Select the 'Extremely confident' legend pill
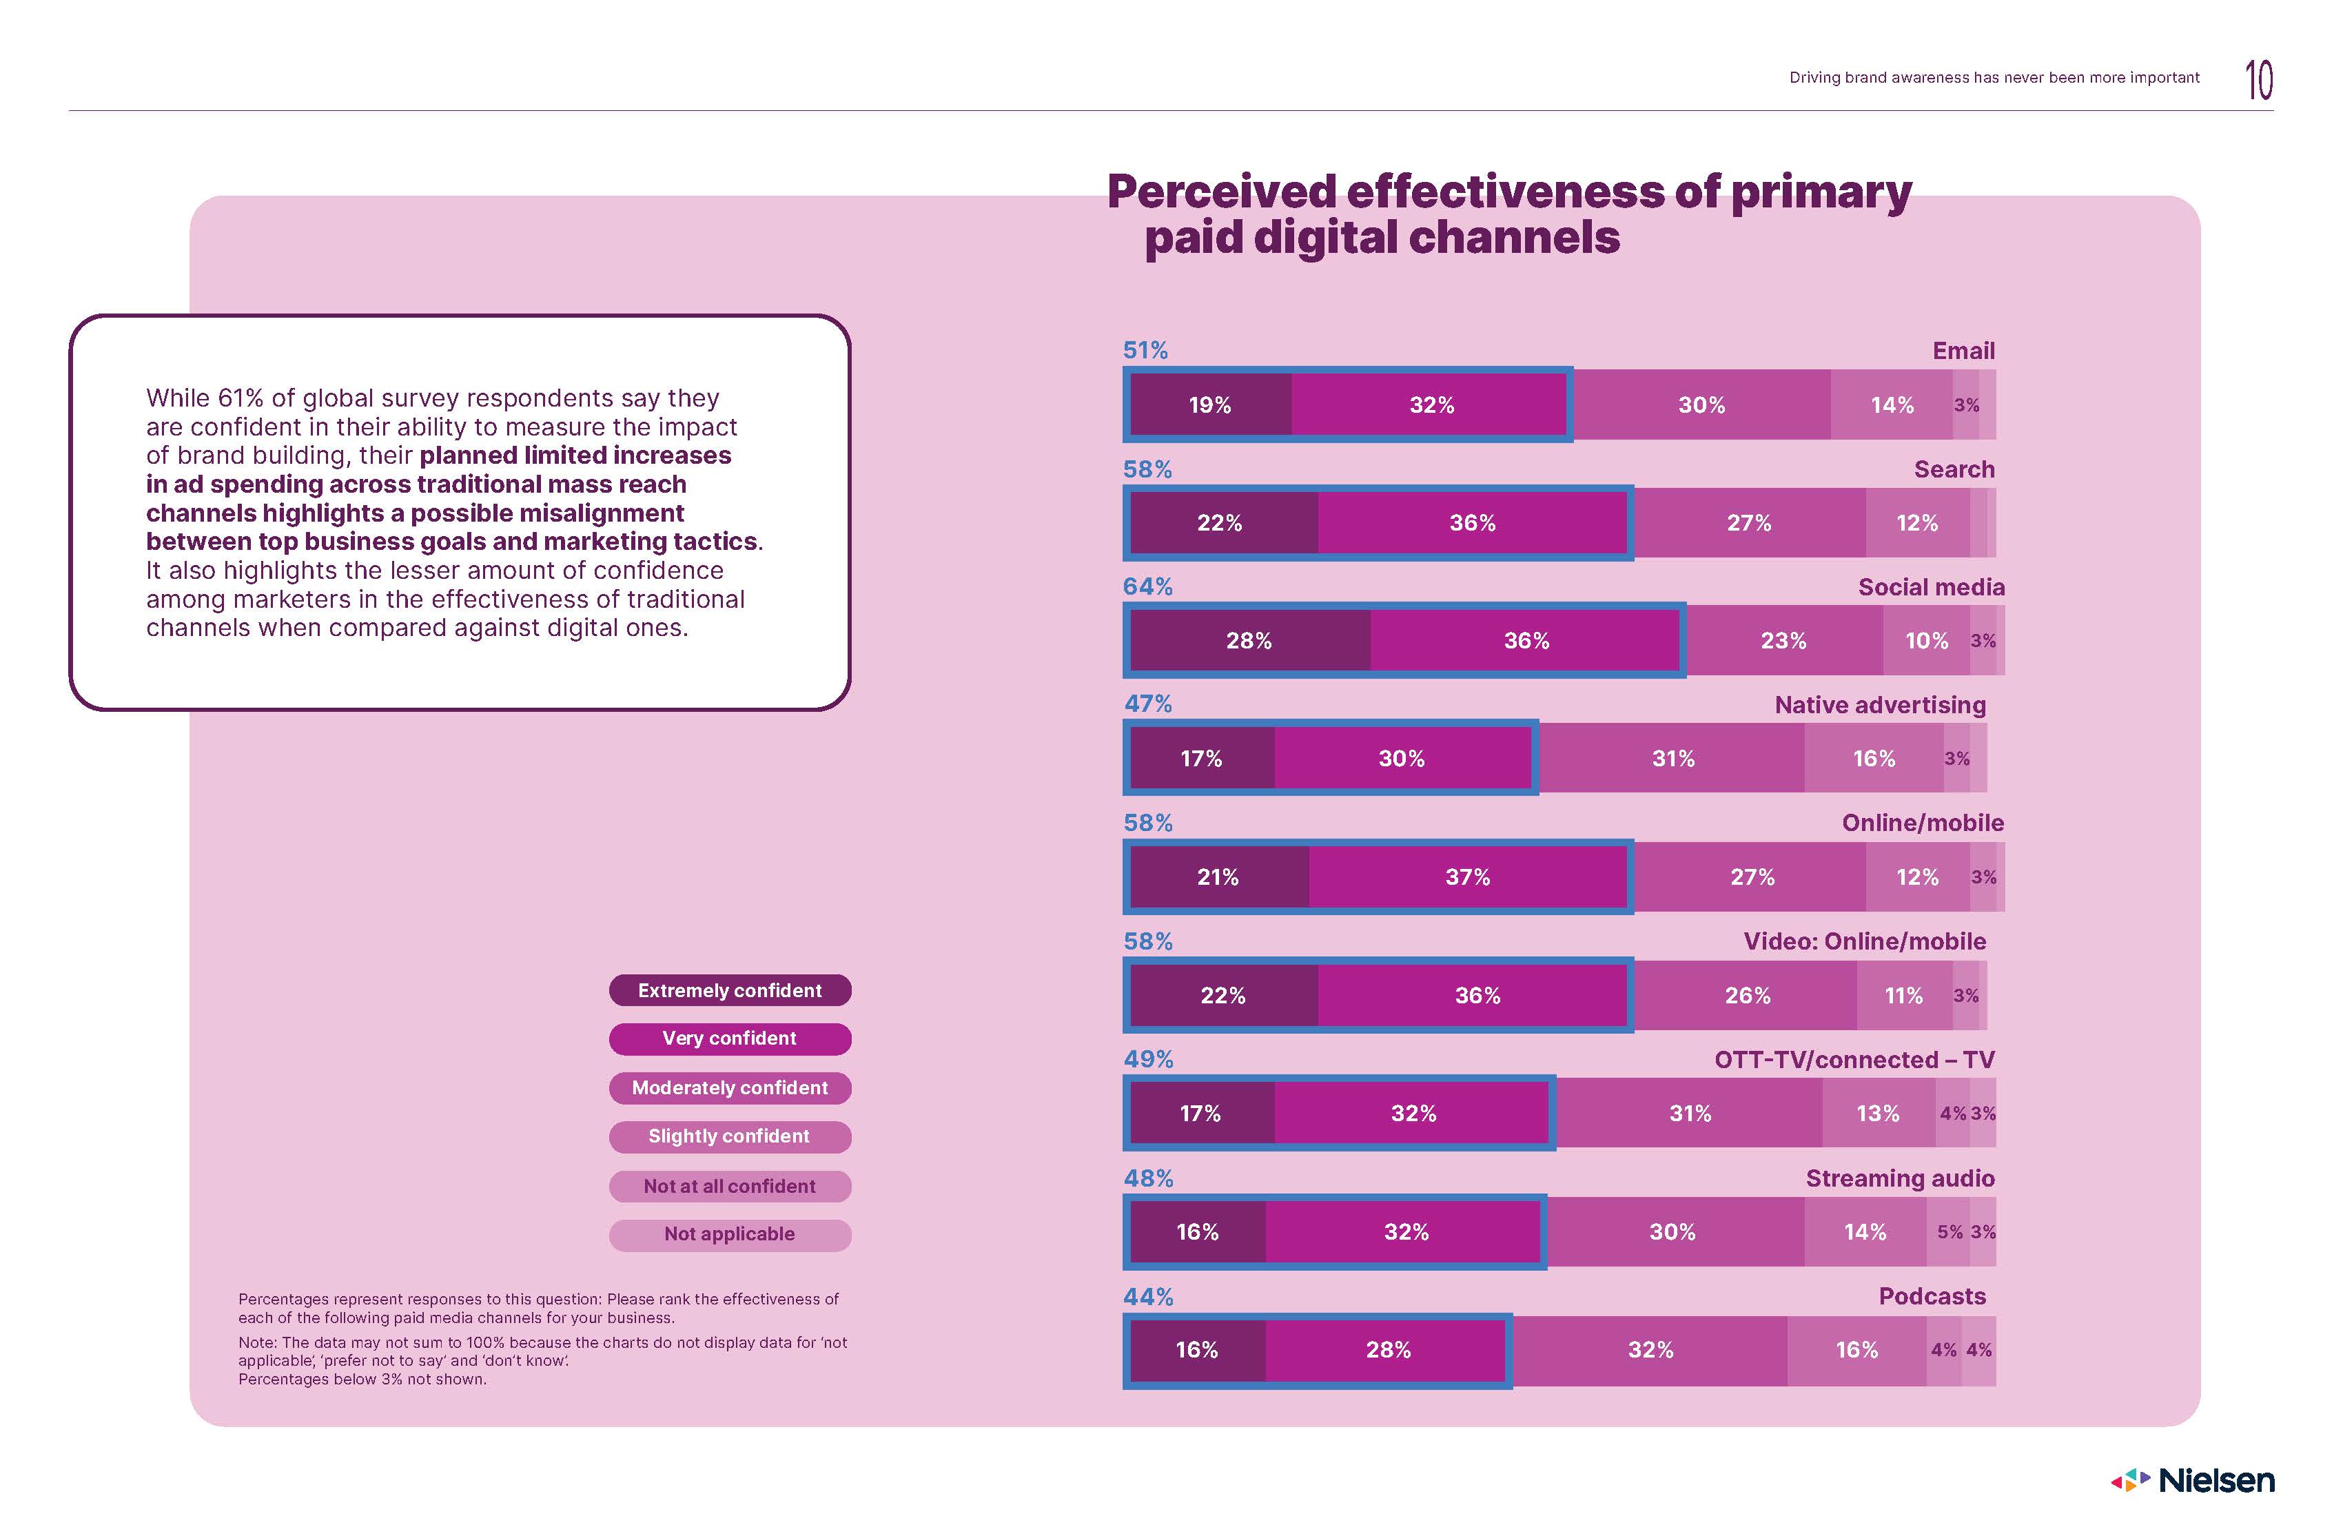[x=730, y=990]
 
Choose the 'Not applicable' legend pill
[x=730, y=1234]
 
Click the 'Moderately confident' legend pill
[x=730, y=1088]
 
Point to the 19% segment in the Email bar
[x=1210, y=404]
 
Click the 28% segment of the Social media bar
[x=1248, y=641]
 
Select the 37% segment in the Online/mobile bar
[x=1467, y=877]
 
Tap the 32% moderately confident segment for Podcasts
[x=1650, y=1350]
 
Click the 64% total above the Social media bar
[x=1148, y=586]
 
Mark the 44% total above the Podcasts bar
[x=1148, y=1296]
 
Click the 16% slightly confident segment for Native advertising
[x=1874, y=759]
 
